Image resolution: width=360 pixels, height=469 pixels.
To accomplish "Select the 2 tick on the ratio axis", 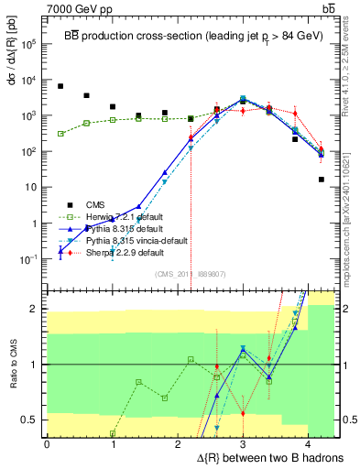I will coord(36,309).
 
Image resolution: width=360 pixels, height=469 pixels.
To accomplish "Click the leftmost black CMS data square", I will coord(60,86).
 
